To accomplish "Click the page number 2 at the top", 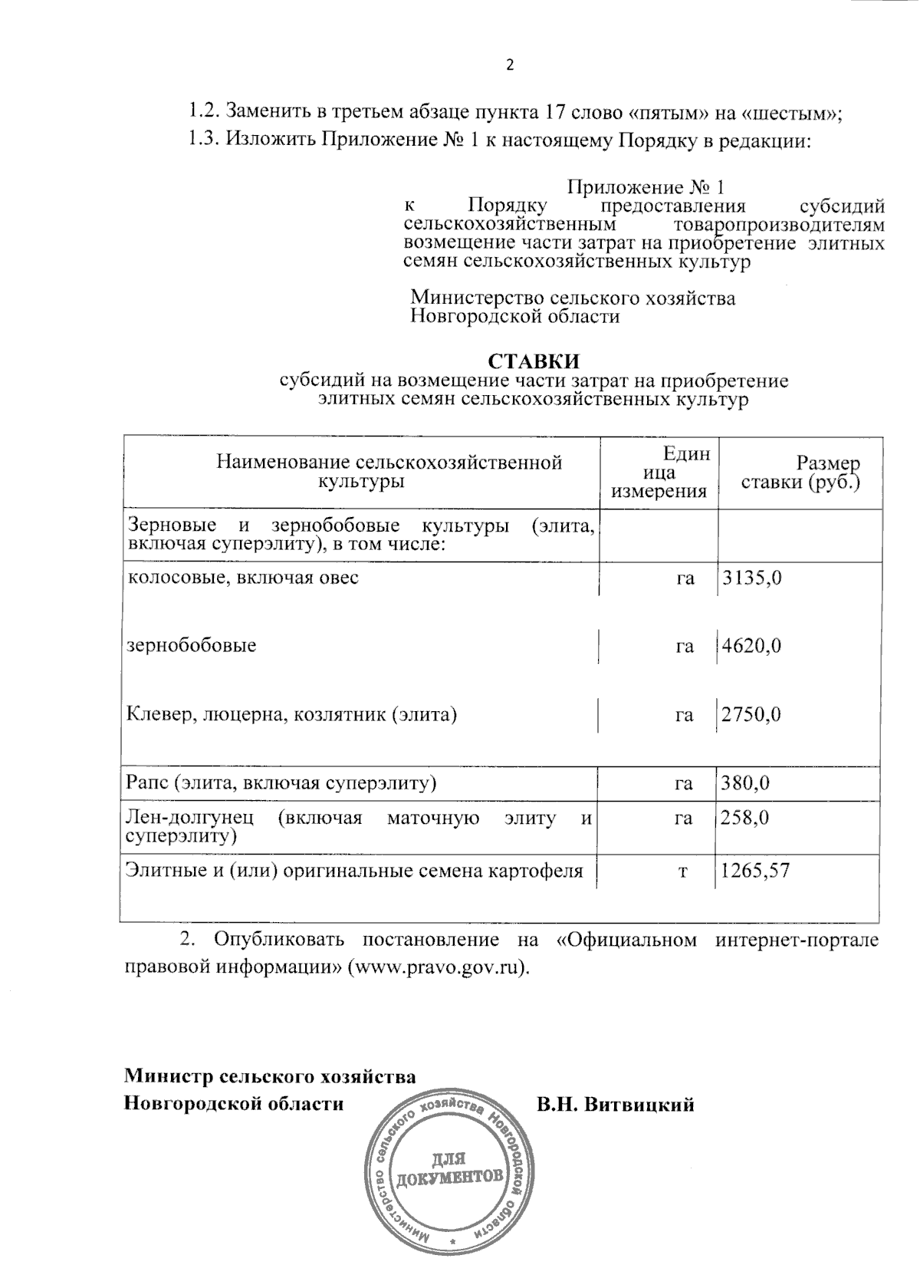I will (x=510, y=64).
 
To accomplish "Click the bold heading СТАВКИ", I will (x=534, y=361).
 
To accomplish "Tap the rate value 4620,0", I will (x=751, y=646).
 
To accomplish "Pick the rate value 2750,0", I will (x=751, y=715).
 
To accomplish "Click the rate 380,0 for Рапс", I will (x=745, y=783).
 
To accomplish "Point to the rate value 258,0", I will (x=744, y=818).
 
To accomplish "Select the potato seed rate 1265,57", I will (x=755, y=871).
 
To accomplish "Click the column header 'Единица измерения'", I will (x=659, y=473).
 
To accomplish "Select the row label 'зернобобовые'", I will (x=191, y=646).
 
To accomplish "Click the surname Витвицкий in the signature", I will (x=638, y=1105).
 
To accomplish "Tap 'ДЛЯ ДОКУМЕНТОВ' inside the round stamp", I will (x=449, y=1168).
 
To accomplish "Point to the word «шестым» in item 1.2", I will (x=790, y=113).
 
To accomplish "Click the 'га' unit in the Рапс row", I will (x=684, y=783).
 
